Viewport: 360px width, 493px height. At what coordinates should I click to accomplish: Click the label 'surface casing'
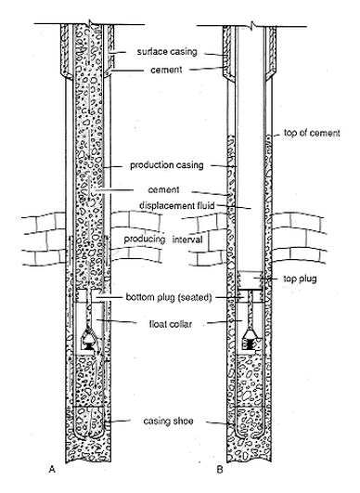pyautogui.click(x=167, y=52)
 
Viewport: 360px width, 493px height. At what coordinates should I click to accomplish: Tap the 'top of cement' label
pyautogui.click(x=312, y=133)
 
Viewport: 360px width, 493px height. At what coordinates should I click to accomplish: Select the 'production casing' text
pyautogui.click(x=167, y=165)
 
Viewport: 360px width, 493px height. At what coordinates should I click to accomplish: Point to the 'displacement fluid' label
pyautogui.click(x=177, y=205)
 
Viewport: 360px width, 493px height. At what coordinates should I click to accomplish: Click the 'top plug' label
pyautogui.click(x=300, y=279)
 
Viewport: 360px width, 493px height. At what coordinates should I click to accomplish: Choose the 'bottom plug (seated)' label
pyautogui.click(x=169, y=297)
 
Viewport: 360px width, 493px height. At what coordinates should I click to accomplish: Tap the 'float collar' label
pyautogui.click(x=171, y=324)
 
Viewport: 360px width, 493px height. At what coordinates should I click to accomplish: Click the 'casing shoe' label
pyautogui.click(x=168, y=421)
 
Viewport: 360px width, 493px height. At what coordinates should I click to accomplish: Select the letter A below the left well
pyautogui.click(x=52, y=470)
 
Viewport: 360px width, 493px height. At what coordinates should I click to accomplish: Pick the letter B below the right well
pyautogui.click(x=220, y=470)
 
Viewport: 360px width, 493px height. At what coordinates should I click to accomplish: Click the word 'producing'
pyautogui.click(x=145, y=239)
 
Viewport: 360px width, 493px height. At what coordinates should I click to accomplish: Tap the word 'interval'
pyautogui.click(x=187, y=240)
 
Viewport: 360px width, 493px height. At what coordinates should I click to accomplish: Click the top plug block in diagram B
pyautogui.click(x=251, y=279)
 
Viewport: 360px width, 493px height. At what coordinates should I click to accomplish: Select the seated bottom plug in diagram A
pyautogui.click(x=90, y=296)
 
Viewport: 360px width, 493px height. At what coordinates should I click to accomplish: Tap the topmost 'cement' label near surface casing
pyautogui.click(x=166, y=70)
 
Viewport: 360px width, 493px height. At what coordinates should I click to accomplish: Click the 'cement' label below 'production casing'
pyautogui.click(x=163, y=189)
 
